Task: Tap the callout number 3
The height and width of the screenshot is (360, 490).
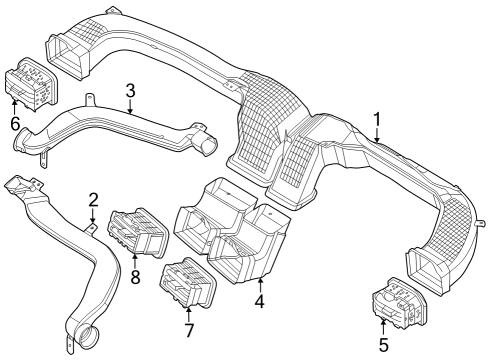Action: (x=130, y=93)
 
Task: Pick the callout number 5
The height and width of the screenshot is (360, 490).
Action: (x=383, y=350)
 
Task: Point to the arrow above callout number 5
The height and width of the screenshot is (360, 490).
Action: (x=383, y=328)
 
